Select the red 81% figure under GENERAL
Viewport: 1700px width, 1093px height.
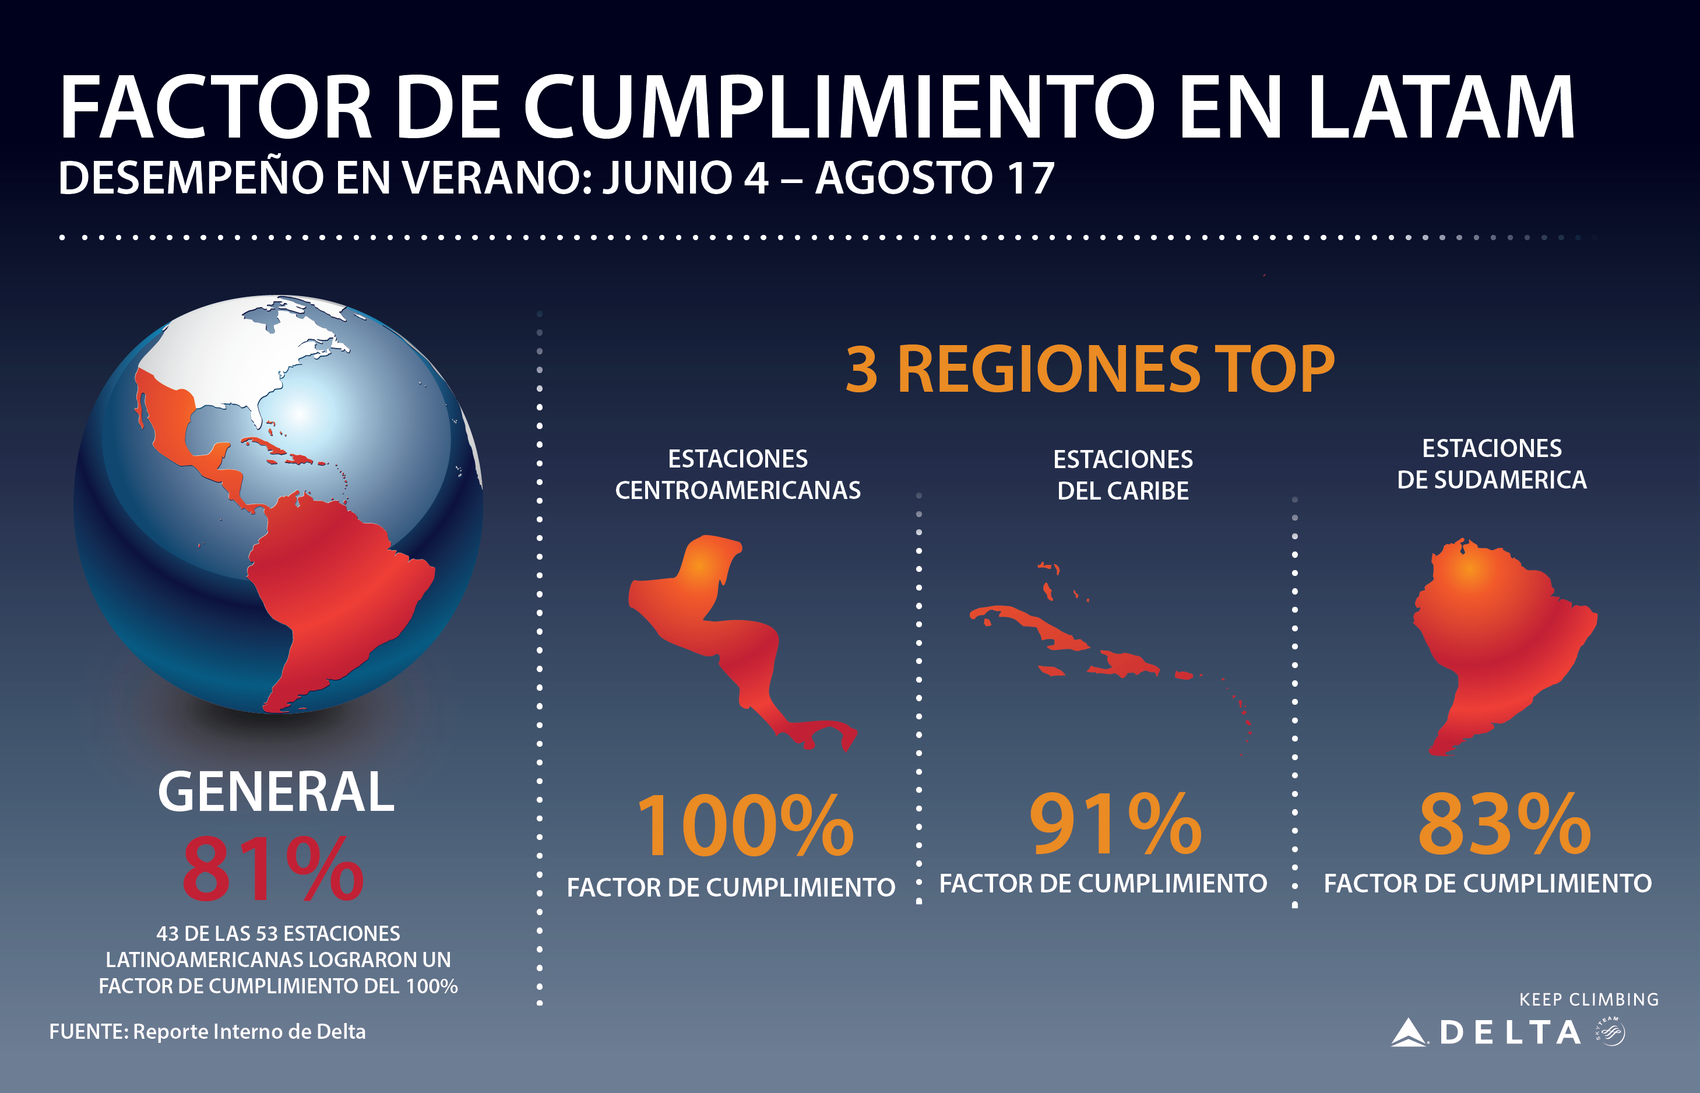[x=273, y=869]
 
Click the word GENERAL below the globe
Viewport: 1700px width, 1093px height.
[x=275, y=792]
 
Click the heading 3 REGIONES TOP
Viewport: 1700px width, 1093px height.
[x=1090, y=369]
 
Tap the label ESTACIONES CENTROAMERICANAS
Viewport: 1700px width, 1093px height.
[x=738, y=474]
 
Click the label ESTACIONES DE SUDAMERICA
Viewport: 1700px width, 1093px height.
[x=1491, y=464]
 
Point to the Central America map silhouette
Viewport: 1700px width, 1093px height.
[x=731, y=639]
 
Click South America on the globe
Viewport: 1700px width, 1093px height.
[x=333, y=582]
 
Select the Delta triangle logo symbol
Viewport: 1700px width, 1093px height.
[x=1409, y=1033]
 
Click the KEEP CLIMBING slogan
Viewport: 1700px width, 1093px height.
[x=1589, y=999]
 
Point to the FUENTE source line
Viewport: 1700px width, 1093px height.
[x=207, y=1031]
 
